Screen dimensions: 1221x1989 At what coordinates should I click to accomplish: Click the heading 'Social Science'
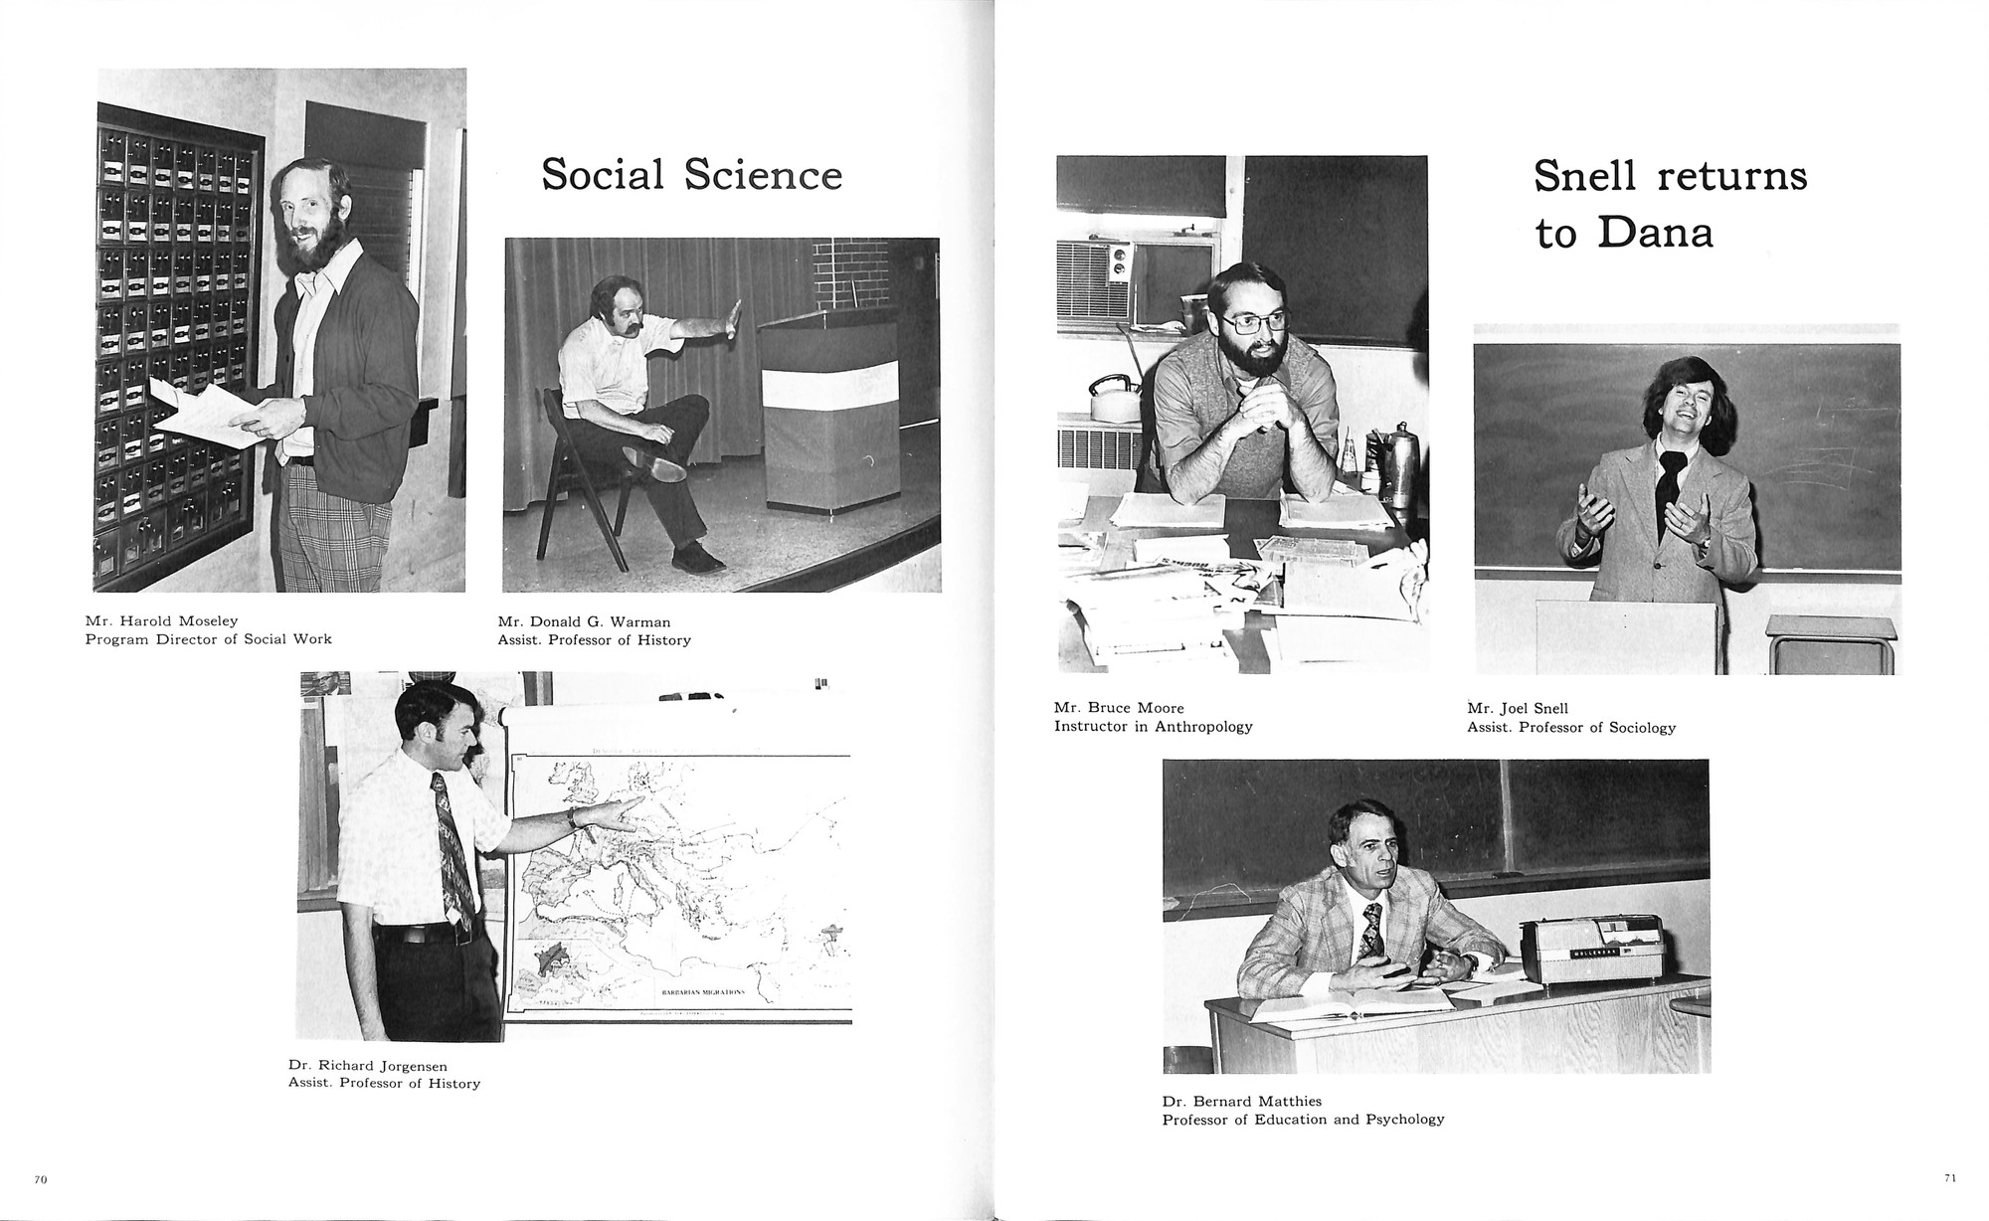pos(691,175)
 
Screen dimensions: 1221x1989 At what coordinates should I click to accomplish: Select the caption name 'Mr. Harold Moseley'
pos(161,621)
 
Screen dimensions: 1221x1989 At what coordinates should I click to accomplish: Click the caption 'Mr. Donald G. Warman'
pos(584,622)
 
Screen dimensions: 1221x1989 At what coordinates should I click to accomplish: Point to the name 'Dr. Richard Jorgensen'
pos(367,1066)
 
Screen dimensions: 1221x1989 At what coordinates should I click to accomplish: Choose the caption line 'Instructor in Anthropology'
pos(1153,727)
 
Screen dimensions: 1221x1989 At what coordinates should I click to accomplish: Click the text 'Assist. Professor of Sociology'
pos(1570,728)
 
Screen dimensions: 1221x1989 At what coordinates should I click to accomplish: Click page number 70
pos(41,1179)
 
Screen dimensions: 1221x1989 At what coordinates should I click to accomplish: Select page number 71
pos(1949,1178)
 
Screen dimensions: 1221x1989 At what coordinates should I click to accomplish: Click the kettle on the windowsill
pos(1113,397)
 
